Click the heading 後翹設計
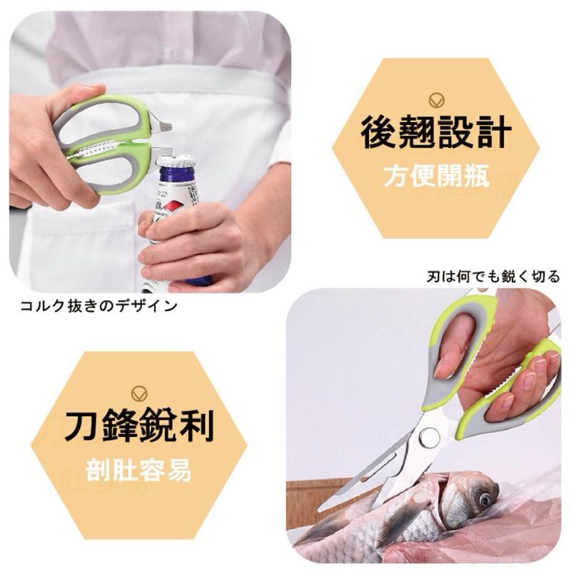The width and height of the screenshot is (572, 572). click(x=435, y=133)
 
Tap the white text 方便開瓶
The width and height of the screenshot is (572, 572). click(x=435, y=176)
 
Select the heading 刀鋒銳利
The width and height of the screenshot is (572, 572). click(x=139, y=427)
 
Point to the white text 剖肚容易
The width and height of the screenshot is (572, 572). click(x=139, y=470)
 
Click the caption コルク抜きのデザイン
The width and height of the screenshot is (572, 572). click(x=99, y=306)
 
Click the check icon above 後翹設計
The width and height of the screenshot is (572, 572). click(x=435, y=99)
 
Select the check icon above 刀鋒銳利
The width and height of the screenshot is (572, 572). click(x=139, y=393)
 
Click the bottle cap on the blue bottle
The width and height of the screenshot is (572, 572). click(x=176, y=160)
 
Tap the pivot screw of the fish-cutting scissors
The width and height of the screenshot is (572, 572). click(x=429, y=436)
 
